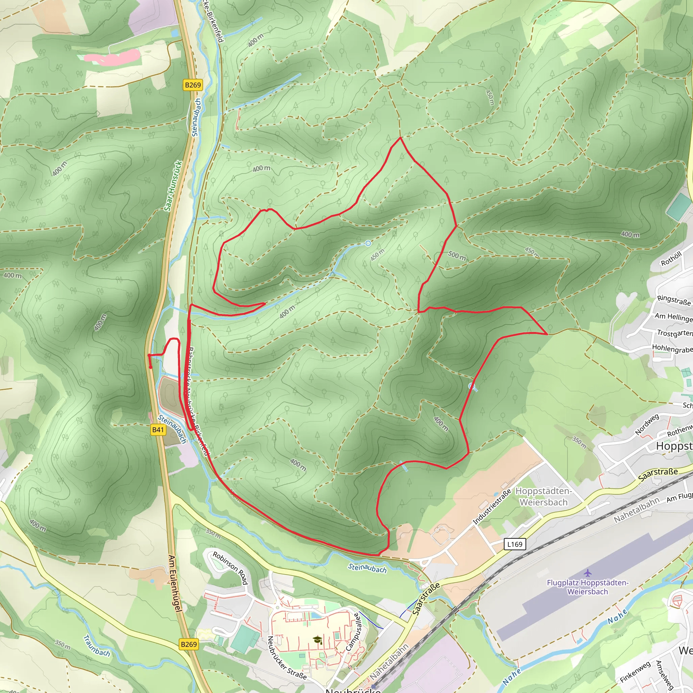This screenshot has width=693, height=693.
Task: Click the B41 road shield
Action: [x=158, y=430]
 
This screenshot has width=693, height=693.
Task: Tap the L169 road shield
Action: [x=515, y=544]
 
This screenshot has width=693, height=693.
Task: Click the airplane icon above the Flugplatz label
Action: [x=587, y=572]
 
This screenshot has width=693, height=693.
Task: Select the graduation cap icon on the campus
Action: [x=317, y=640]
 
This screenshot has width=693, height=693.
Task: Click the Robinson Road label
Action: [x=230, y=568]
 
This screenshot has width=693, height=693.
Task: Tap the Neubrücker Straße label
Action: [x=287, y=657]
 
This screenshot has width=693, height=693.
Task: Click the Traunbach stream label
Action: [x=96, y=646]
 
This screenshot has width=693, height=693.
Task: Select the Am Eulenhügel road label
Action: [x=175, y=583]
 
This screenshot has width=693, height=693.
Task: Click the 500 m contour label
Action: [x=457, y=255]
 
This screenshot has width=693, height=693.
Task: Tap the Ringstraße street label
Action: [x=674, y=300]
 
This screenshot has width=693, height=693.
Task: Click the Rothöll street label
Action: [x=671, y=259]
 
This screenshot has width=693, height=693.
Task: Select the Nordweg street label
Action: [x=647, y=424]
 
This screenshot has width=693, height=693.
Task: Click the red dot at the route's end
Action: [x=151, y=367]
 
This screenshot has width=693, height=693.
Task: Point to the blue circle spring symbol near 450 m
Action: [x=368, y=244]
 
